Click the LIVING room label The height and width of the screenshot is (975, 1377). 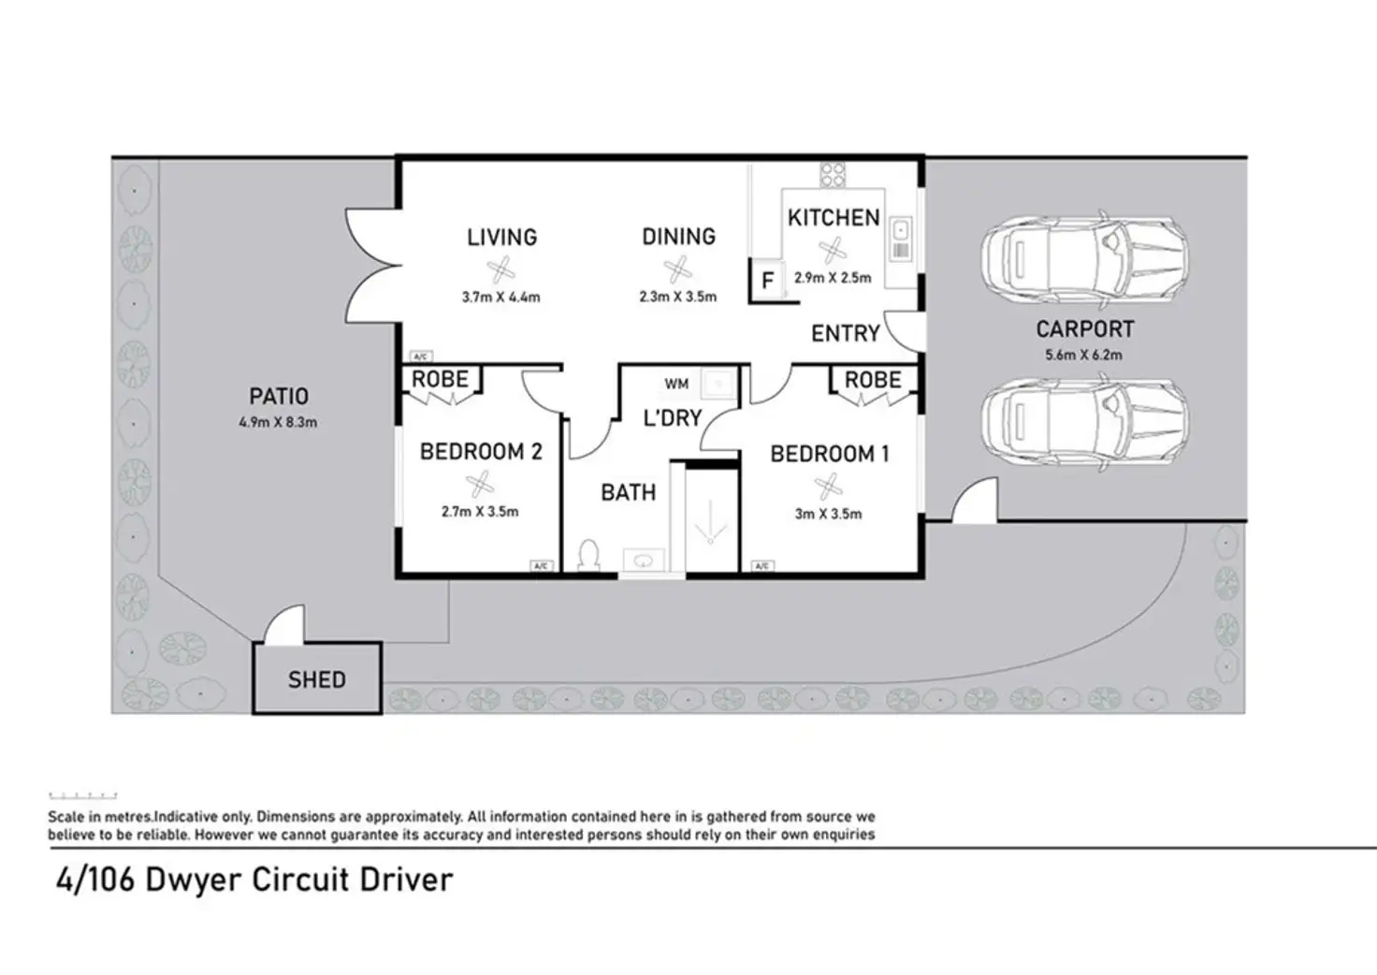point(501,238)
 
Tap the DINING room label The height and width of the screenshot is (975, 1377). point(678,237)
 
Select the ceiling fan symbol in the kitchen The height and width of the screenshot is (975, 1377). point(833,250)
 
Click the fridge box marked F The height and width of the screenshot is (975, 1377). point(767,281)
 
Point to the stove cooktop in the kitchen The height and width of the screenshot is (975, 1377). point(833,175)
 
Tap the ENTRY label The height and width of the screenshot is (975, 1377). point(846,333)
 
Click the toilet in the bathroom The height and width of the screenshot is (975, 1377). point(589,555)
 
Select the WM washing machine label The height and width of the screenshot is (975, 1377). point(676,385)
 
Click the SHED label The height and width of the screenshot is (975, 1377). point(316,679)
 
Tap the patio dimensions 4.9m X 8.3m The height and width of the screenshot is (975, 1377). point(278,422)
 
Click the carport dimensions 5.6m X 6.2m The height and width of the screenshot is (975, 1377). point(1084,355)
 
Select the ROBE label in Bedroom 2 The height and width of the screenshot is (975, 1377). point(441,379)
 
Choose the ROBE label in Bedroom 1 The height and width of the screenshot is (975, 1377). point(873,380)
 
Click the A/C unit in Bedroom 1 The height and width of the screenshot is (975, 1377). point(762,565)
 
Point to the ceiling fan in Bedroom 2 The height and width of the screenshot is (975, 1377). point(480,484)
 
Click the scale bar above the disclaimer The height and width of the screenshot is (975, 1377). point(83,795)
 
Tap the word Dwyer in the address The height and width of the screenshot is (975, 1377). point(194,880)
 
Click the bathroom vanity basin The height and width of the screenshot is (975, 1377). point(644,560)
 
